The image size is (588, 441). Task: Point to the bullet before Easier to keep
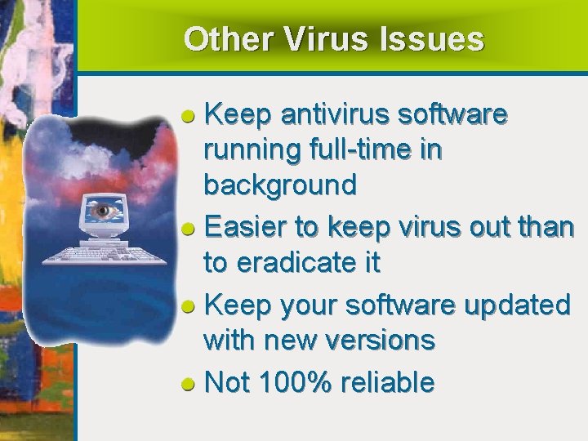click(x=187, y=229)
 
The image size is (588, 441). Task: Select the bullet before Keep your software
click(x=187, y=307)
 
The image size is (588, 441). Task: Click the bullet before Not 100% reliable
click(x=187, y=383)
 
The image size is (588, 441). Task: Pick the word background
click(x=280, y=186)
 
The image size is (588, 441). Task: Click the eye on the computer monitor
click(x=103, y=211)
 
